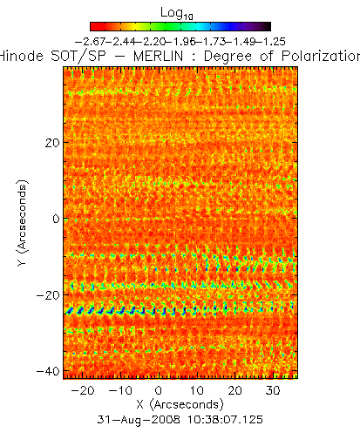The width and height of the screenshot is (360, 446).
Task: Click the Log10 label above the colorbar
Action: pos(177,13)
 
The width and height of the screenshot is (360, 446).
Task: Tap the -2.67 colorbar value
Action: pos(91,42)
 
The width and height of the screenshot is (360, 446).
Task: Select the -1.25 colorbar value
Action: pos(270,42)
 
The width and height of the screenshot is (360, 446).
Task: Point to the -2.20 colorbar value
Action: pos(151,42)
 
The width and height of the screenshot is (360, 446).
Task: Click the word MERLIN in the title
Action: pos(159,56)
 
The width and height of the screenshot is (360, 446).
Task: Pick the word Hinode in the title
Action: pos(21,56)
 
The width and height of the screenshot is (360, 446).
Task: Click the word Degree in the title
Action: pos(228,57)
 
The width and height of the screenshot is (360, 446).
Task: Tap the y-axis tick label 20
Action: pos(52,143)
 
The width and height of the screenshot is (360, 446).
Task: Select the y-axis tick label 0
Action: pos(56,219)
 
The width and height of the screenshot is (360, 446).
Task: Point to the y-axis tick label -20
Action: pos(48,295)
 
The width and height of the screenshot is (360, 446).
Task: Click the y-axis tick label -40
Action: pos(48,371)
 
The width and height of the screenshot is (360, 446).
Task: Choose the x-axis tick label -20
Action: pos(83,390)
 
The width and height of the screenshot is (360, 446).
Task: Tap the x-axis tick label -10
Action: pos(120,390)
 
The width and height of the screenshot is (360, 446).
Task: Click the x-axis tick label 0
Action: pos(159,390)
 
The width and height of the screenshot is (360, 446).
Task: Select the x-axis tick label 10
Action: pos(197,390)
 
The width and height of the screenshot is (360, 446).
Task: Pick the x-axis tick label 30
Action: pos(273,390)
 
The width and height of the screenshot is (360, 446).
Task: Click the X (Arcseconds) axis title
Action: pos(180,405)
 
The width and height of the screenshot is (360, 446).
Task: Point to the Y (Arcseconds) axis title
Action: pos(23,223)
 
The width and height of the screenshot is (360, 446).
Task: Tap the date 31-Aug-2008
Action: pos(139,420)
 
